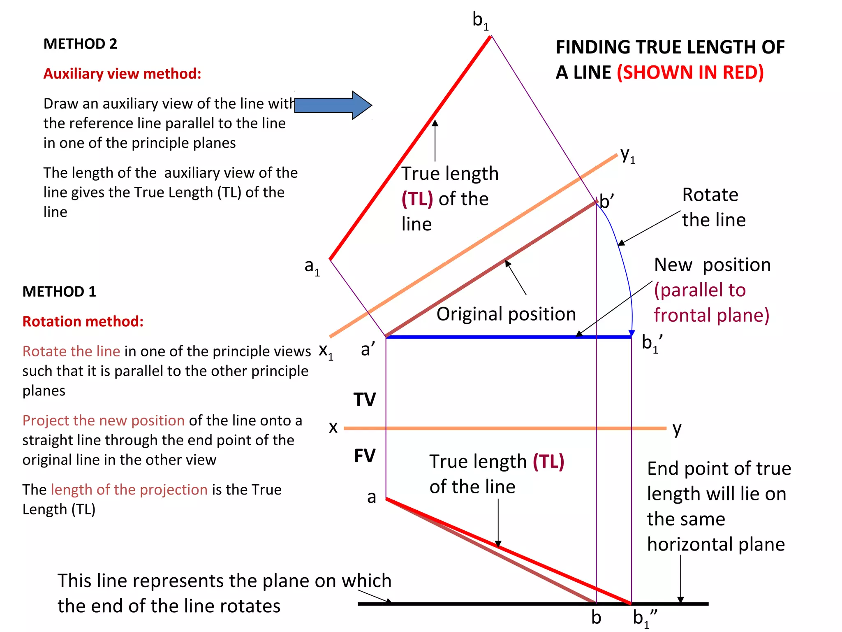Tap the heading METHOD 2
[80, 44]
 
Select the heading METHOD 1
[59, 291]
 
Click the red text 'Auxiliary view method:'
[123, 74]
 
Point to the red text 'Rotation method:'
[83, 321]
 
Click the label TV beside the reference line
[365, 400]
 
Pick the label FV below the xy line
[365, 456]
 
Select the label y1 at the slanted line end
[627, 156]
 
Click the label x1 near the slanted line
[326, 352]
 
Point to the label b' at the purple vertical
[607, 202]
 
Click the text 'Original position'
[506, 314]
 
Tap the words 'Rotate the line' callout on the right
[714, 207]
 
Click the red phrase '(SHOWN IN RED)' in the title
[690, 72]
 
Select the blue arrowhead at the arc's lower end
[632, 333]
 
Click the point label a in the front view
[372, 497]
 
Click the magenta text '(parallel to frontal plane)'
[711, 302]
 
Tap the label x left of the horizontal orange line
[333, 427]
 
